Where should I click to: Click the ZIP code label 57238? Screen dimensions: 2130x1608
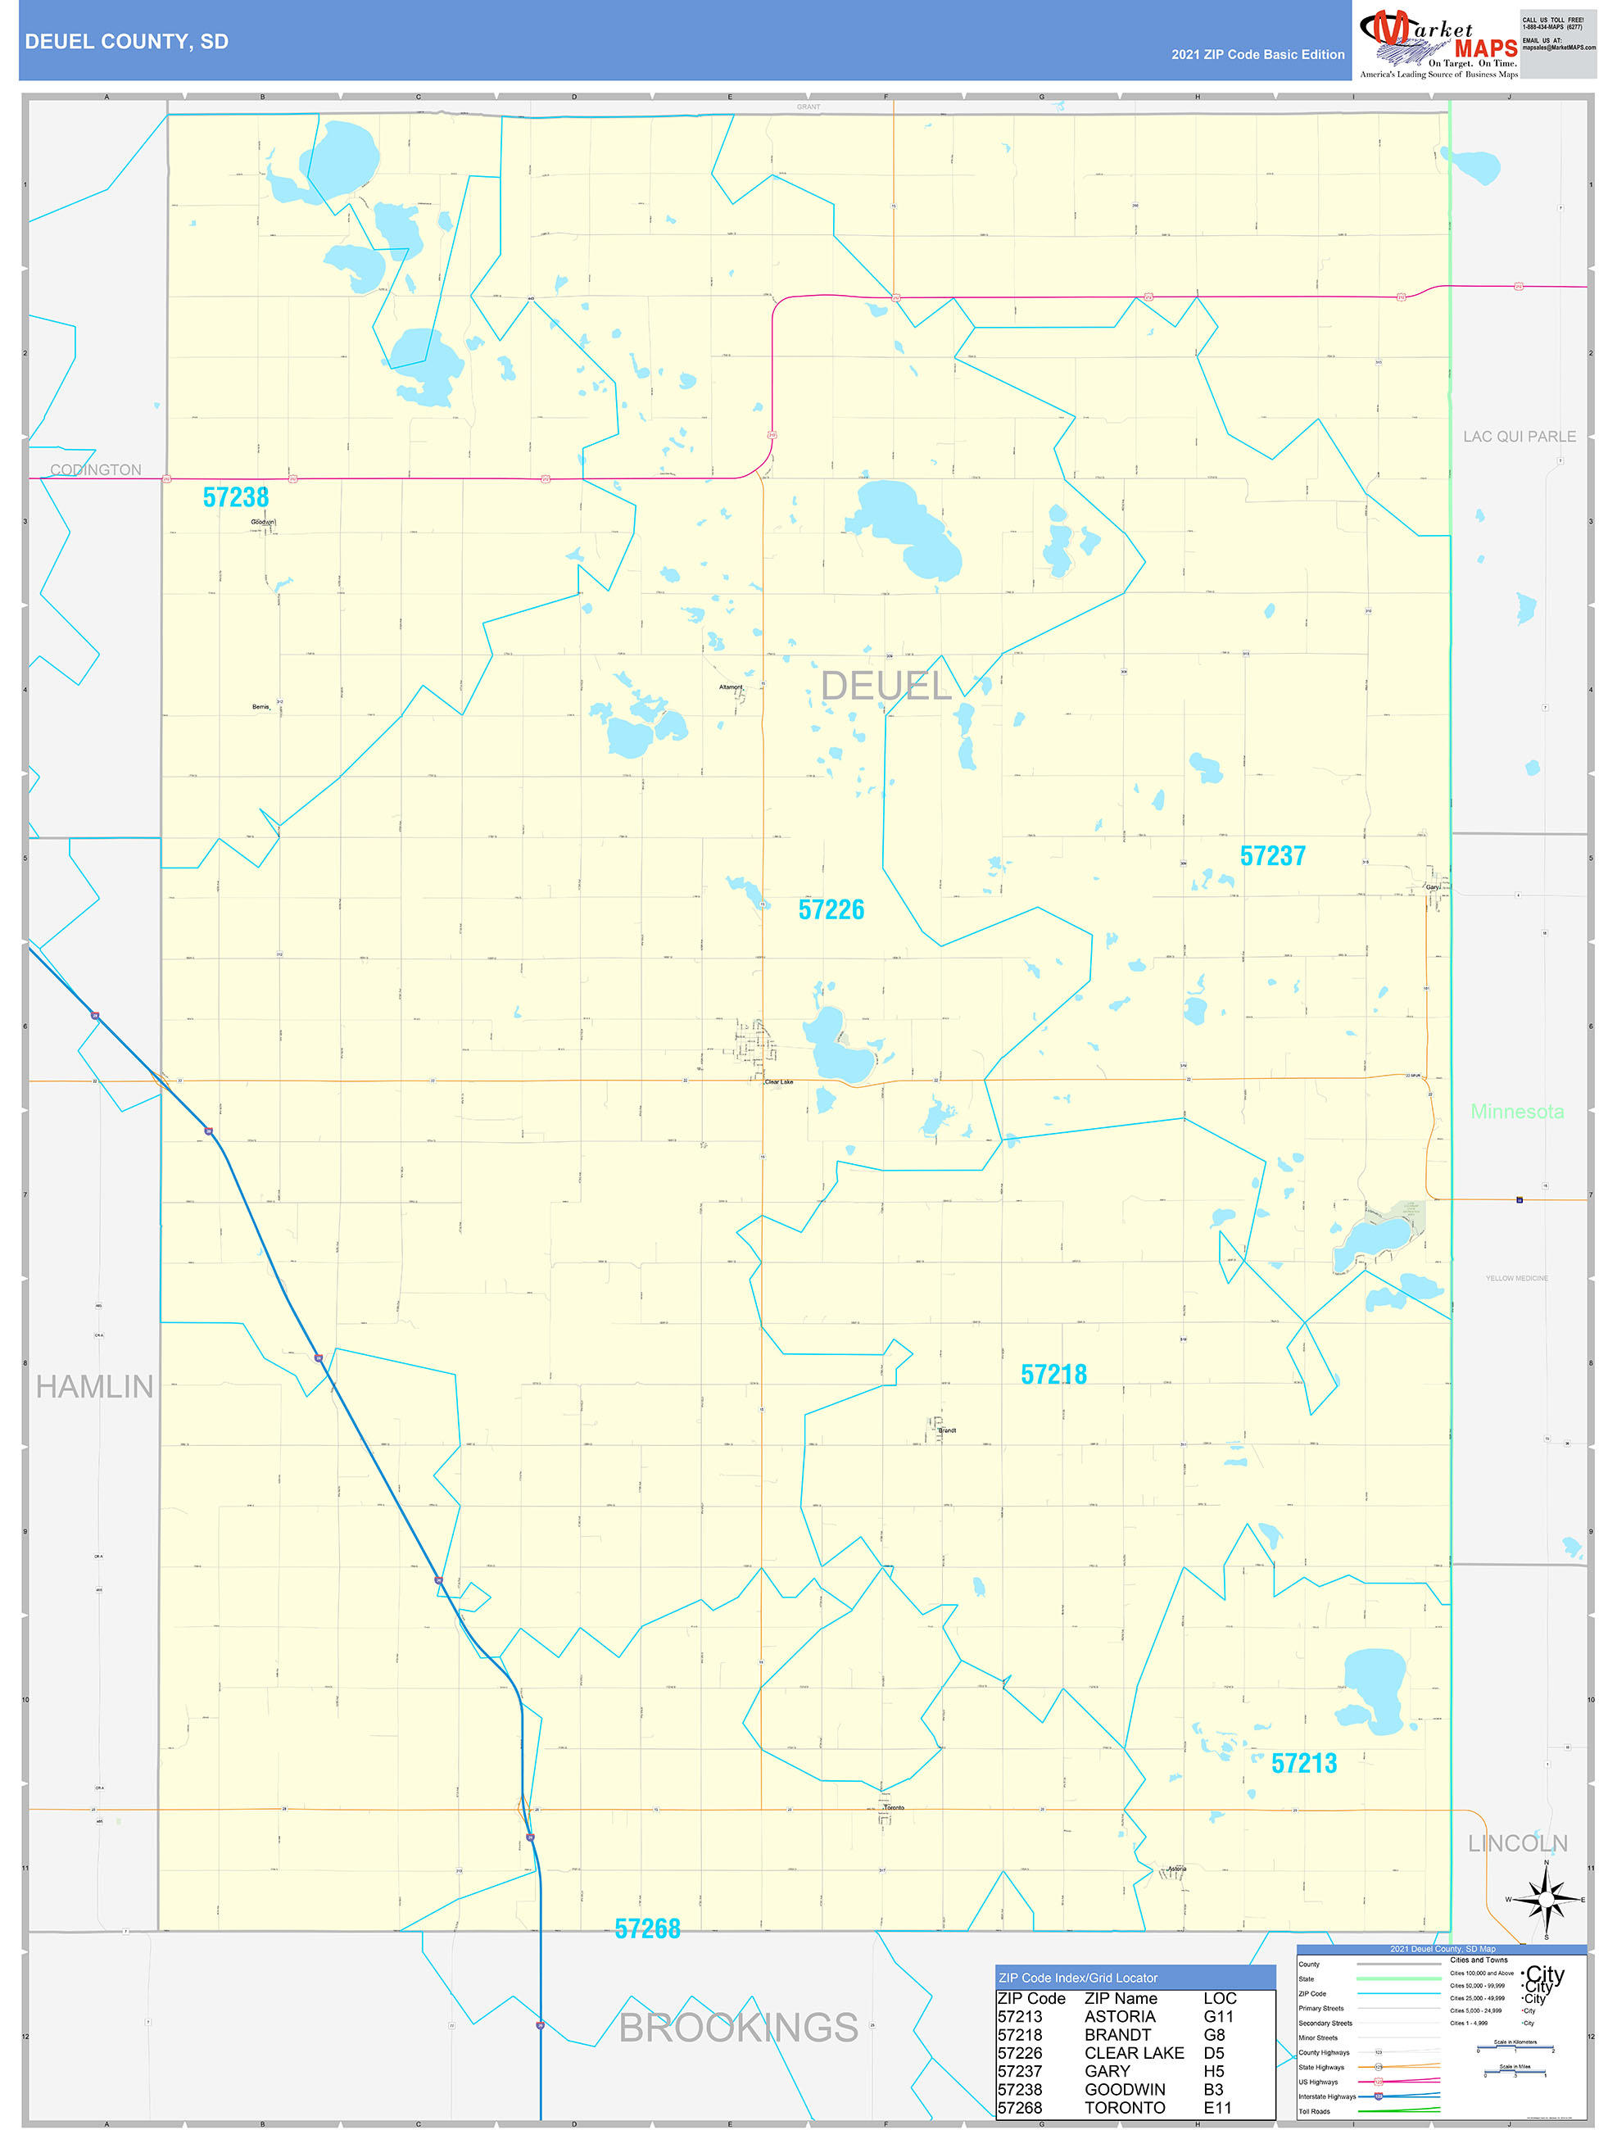[x=236, y=497]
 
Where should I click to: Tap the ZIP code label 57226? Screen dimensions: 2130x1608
[x=831, y=909]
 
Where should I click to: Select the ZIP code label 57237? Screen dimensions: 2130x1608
[x=1272, y=855]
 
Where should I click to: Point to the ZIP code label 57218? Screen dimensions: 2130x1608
[x=1053, y=1374]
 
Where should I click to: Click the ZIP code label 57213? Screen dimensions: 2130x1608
[x=1304, y=1763]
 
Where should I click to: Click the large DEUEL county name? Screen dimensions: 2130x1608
[x=886, y=686]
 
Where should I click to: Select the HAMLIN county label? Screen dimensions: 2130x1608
[x=94, y=1387]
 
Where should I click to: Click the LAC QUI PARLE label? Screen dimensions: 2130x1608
[x=1520, y=436]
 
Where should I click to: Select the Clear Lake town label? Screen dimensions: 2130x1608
[x=779, y=1081]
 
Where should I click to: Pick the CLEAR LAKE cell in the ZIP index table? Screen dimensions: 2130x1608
[x=1134, y=2053]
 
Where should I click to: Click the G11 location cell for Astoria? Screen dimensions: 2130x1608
[x=1218, y=2016]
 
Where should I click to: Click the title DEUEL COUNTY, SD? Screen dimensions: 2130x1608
[x=127, y=42]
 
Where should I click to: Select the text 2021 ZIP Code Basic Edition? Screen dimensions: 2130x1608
[x=1257, y=54]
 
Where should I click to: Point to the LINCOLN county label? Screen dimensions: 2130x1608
[x=1518, y=1843]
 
